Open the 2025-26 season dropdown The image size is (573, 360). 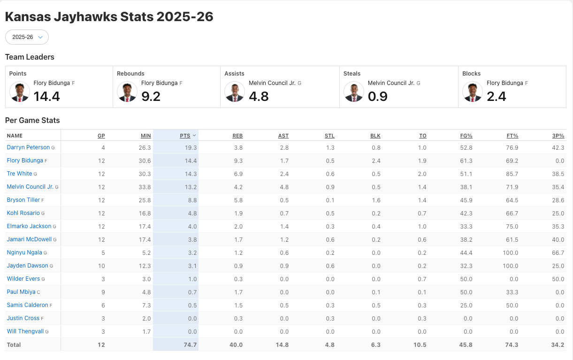[27, 37]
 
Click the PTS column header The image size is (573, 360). [185, 136]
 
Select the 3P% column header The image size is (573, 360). [558, 136]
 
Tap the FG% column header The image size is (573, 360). [466, 136]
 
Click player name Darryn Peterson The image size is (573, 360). [28, 147]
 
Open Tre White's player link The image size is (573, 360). [19, 174]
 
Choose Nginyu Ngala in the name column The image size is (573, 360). [24, 253]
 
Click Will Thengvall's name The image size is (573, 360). [25, 331]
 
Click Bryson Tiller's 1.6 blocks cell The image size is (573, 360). [375, 200]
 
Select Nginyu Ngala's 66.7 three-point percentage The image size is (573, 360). [558, 253]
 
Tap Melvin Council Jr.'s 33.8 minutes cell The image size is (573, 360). [145, 187]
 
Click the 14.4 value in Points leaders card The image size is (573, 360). [47, 96]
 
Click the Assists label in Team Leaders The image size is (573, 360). [234, 74]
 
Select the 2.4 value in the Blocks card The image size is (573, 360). [497, 96]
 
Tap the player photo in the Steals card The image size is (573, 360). [354, 92]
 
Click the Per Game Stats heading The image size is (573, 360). [32, 121]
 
